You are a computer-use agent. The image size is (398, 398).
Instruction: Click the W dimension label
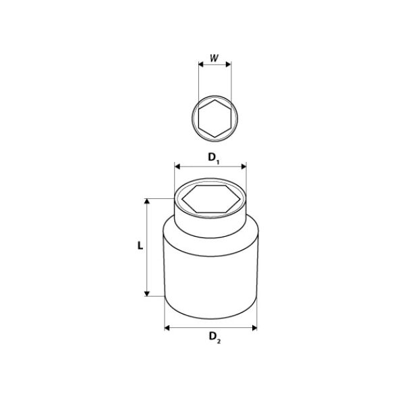(x=214, y=58)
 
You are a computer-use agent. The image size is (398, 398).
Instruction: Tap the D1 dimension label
(x=214, y=158)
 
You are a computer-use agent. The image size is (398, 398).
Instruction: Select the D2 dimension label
(x=215, y=337)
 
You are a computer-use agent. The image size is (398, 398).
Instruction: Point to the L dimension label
(x=140, y=246)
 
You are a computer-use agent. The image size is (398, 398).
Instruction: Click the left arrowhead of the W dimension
(x=201, y=64)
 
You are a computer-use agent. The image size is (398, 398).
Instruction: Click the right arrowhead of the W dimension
(x=229, y=64)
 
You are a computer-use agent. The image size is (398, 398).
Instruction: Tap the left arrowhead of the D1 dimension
(x=177, y=167)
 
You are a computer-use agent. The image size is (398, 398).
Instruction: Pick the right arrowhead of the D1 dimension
(x=244, y=167)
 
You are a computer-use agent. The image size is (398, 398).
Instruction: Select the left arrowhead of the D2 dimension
(x=167, y=328)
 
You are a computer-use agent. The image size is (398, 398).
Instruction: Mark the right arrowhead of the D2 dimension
(x=254, y=328)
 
